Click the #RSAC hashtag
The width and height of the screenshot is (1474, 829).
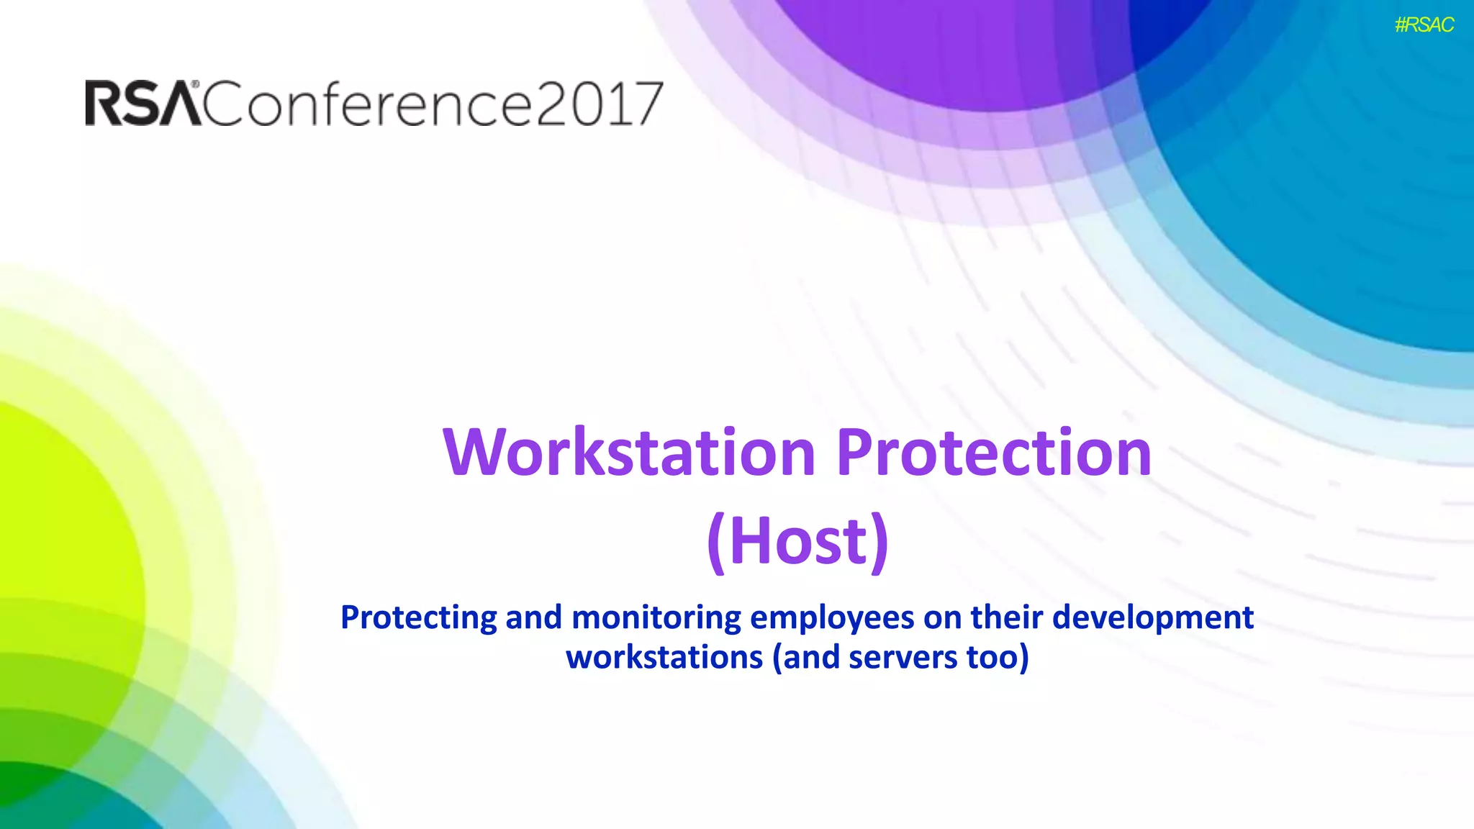point(1424,25)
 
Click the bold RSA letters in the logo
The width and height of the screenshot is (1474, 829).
point(143,104)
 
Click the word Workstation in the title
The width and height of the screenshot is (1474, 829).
point(629,453)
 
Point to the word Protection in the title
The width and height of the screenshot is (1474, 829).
point(994,453)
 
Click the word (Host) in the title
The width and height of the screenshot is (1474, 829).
point(797,542)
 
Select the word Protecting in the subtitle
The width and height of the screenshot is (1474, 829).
point(419,618)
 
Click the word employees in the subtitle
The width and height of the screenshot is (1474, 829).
point(832,618)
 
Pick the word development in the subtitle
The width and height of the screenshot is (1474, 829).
point(1153,618)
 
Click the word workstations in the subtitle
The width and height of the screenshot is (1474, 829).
point(664,658)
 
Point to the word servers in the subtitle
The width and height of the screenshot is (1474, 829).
point(903,658)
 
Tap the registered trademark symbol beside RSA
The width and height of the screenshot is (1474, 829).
point(195,84)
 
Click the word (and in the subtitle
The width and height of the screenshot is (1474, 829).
point(806,658)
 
